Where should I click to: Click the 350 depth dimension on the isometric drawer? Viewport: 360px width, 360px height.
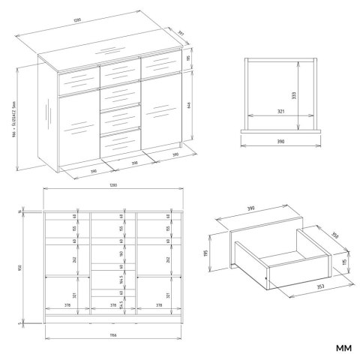coord(335,235)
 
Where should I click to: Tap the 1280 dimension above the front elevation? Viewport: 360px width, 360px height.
coord(112,184)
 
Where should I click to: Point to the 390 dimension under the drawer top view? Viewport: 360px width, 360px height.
coord(280,140)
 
